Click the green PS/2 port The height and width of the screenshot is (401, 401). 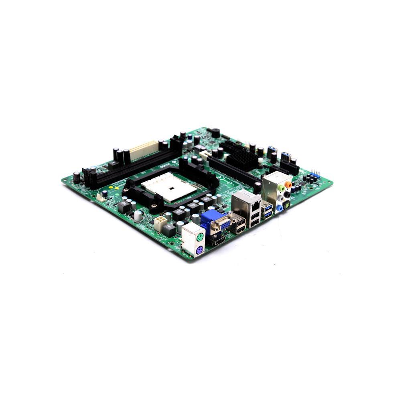199,237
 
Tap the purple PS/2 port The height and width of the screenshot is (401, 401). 199,251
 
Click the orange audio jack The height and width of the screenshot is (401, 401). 288,185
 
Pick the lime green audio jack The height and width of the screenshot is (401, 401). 282,188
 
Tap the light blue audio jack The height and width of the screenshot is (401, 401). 279,208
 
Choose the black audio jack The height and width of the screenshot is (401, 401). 286,195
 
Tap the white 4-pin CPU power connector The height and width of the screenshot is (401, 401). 161,223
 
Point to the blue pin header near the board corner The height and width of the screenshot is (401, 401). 315,175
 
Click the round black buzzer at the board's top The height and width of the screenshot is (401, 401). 215,133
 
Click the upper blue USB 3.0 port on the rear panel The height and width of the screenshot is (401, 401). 267,207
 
